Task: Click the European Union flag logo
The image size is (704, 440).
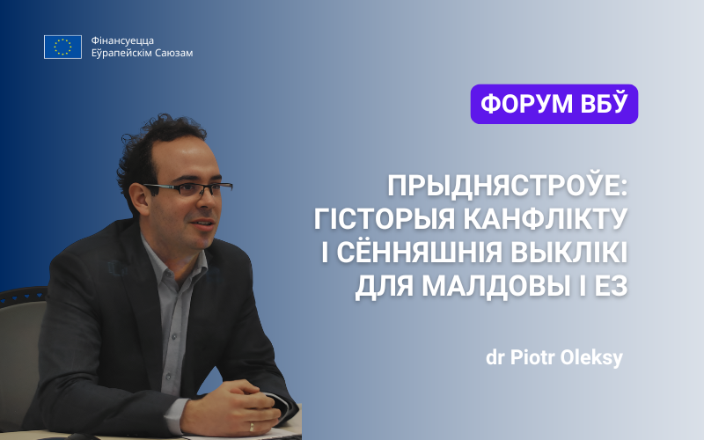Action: pos(62,48)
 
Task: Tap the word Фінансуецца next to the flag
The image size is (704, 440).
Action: pos(122,40)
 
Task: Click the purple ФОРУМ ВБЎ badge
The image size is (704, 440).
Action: pos(554,104)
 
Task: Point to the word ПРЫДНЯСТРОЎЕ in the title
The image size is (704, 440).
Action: pos(508,186)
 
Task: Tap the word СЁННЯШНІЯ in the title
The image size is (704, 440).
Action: pos(420,253)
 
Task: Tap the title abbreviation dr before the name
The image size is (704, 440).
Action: pos(495,358)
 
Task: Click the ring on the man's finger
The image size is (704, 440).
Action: pos(252,426)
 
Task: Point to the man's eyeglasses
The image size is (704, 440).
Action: pos(188,188)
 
